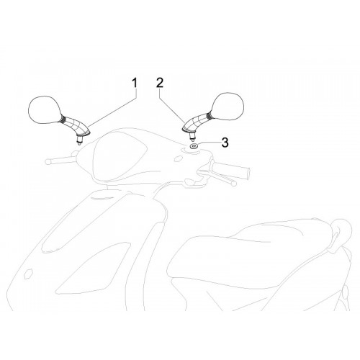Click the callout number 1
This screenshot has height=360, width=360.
pos(135,83)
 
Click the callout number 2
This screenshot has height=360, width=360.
pos(160,83)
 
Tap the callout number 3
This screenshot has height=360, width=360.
pos(225,143)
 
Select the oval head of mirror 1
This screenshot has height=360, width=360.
pos(45,110)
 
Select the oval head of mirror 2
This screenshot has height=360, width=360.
pos(228,106)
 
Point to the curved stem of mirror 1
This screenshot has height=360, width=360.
pos(77,125)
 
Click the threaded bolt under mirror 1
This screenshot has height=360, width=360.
pos(79,140)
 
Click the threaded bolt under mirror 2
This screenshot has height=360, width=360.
pos(192,136)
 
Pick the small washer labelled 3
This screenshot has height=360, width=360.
pos(194,145)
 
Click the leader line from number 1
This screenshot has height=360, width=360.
pos(112,108)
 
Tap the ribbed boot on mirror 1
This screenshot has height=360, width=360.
pos(63,118)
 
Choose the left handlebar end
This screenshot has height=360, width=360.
pos(48,161)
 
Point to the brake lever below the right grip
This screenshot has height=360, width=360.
pos(217,177)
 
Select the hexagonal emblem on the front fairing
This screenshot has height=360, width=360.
pos(29,274)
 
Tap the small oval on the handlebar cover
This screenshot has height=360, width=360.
pos(178,158)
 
